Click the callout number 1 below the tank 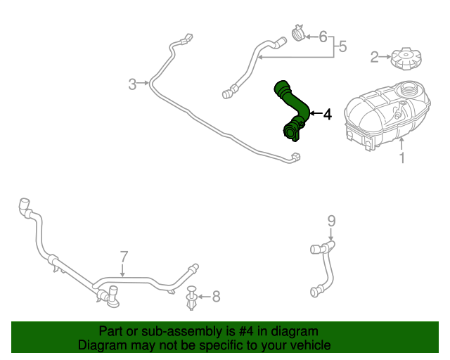402,158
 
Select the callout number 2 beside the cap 375,56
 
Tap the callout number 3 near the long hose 132,85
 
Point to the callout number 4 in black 326,114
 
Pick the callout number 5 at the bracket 342,47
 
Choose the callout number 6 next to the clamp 323,36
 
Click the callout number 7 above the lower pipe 123,256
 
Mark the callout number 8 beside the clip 216,297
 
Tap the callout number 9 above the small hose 332,221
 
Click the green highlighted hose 290,109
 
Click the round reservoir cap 406,57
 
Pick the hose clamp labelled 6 298,33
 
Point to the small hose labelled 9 325,267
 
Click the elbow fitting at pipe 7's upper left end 25,208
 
